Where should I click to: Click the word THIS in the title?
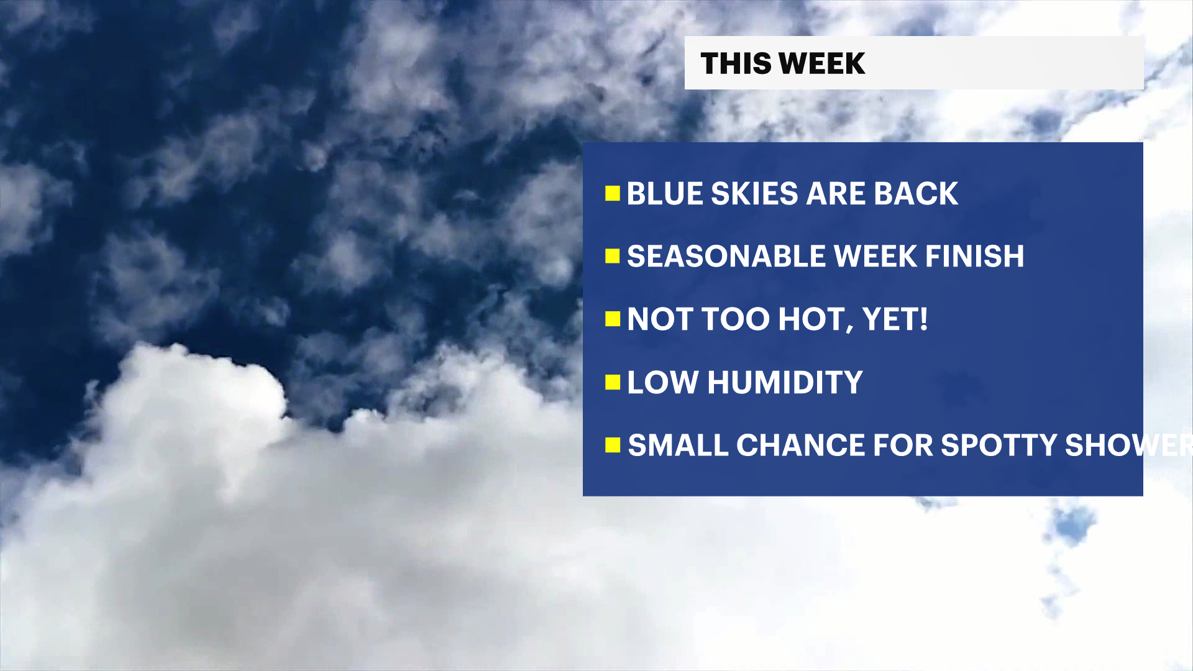(735, 63)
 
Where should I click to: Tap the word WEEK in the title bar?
(821, 63)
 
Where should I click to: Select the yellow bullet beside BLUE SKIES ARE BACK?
(613, 194)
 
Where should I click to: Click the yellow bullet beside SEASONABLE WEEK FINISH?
(613, 256)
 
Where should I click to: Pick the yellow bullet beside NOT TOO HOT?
(613, 319)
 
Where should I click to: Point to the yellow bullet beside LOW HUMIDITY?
(613, 382)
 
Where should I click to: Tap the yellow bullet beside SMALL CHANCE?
(613, 445)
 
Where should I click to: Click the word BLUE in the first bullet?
(664, 194)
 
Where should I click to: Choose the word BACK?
(916, 194)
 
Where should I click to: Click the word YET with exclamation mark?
(895, 319)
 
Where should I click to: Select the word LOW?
(662, 382)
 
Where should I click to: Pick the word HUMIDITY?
(785, 382)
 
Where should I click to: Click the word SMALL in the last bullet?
(677, 445)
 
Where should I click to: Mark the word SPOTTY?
(999, 445)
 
